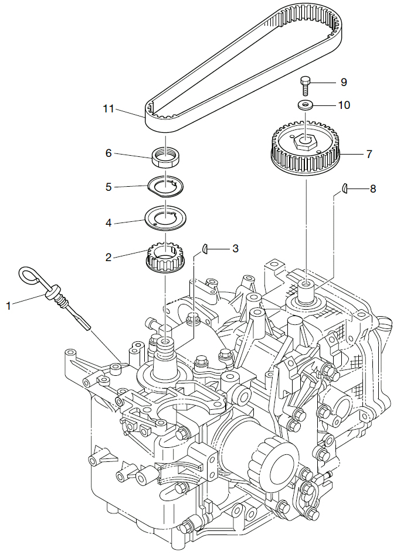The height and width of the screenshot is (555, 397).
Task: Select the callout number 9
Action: pyautogui.click(x=344, y=83)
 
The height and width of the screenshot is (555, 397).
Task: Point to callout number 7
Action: pyautogui.click(x=369, y=155)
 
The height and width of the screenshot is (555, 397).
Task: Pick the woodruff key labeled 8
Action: pyautogui.click(x=346, y=188)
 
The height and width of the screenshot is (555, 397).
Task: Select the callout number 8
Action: pyautogui.click(x=373, y=189)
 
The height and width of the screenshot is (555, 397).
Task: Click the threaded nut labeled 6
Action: pyautogui.click(x=166, y=157)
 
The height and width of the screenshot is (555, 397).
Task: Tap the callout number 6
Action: pyautogui.click(x=108, y=153)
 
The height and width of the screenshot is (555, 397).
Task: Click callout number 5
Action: pyautogui.click(x=108, y=187)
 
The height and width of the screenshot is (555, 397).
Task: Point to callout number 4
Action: pyautogui.click(x=108, y=222)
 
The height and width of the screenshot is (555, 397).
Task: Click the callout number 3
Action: pyautogui.click(x=235, y=248)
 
